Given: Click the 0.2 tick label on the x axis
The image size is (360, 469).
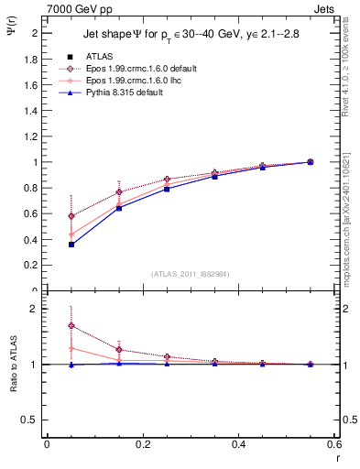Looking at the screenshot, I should click(x=142, y=444).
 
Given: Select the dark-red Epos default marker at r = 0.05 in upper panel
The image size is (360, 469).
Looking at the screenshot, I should click(x=46, y=216).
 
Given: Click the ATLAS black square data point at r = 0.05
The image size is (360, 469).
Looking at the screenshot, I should click(x=46, y=245).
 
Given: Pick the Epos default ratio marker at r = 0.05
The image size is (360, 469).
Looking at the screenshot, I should click(x=46, y=325).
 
